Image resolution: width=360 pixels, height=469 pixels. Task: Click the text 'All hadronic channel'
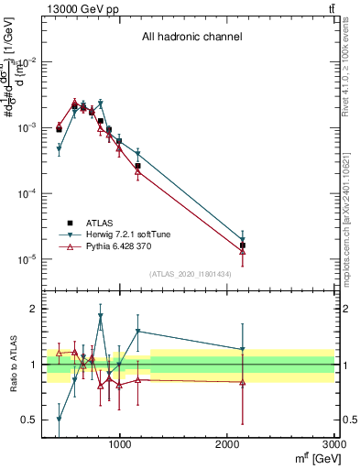coord(191,38)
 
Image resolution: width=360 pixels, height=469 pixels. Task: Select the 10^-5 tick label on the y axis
coord(26,259)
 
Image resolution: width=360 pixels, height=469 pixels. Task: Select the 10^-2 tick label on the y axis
coord(26,62)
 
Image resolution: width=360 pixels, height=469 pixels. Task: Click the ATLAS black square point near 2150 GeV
coord(243,245)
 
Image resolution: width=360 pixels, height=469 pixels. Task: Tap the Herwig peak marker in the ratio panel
coord(100,317)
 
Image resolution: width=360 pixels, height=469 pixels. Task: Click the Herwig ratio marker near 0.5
coord(59,420)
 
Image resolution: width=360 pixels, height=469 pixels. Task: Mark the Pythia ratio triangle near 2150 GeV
coord(243,382)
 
